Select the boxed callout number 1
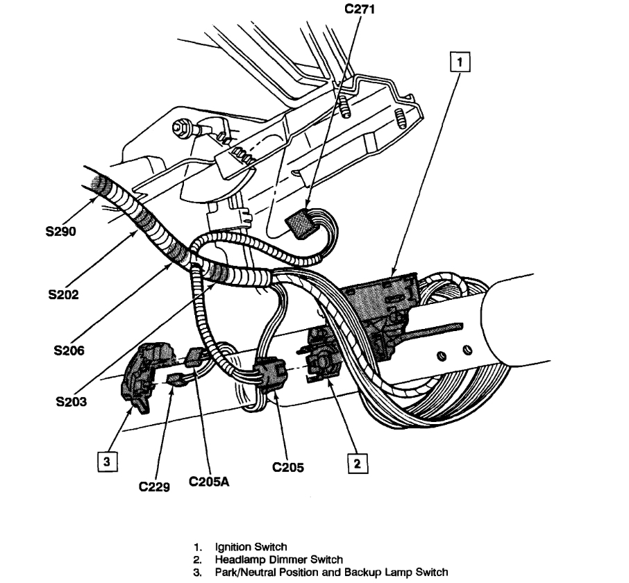coord(460,62)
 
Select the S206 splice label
coord(69,350)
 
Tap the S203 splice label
coord(72,401)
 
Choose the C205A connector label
coord(209,482)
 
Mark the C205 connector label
coord(288,466)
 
